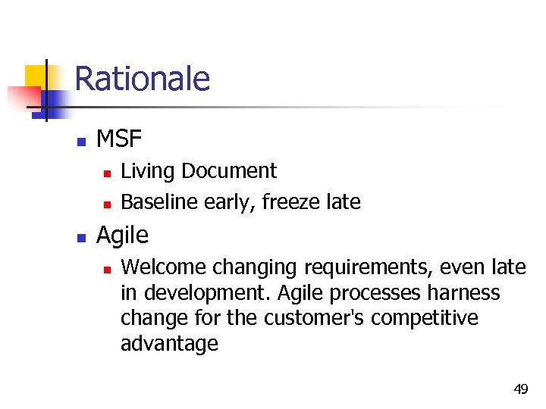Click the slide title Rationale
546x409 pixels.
pyautogui.click(x=143, y=79)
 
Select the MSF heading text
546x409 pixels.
pyautogui.click(x=119, y=139)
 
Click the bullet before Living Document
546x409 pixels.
pyautogui.click(x=107, y=173)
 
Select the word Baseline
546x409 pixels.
pyautogui.click(x=155, y=202)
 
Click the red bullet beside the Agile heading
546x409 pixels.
pyautogui.click(x=80, y=237)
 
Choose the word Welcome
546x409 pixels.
pyautogui.click(x=164, y=267)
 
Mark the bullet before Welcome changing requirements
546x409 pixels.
pyautogui.click(x=107, y=269)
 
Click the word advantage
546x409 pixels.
pyautogui.click(x=169, y=344)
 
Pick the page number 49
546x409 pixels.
pyautogui.click(x=520, y=389)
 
